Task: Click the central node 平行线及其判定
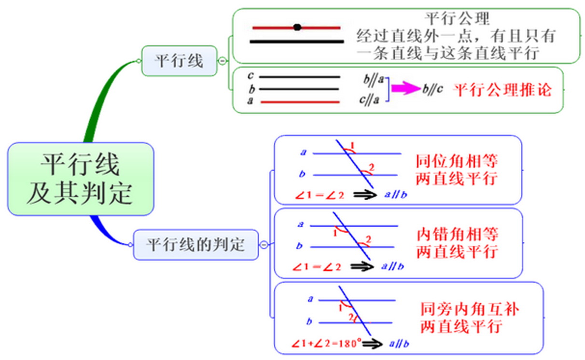(x=80, y=179)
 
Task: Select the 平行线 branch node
(x=179, y=61)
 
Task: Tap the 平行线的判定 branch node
(x=195, y=245)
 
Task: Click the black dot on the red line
(x=297, y=28)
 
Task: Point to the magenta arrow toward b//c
(x=405, y=88)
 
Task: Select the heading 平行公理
(x=458, y=19)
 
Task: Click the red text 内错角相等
(x=457, y=235)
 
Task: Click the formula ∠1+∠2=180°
(x=326, y=344)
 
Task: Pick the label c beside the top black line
(x=250, y=76)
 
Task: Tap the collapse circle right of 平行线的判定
(x=264, y=245)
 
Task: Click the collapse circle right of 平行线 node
(x=222, y=61)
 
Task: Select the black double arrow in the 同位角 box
(x=365, y=194)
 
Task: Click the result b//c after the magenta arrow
(x=432, y=90)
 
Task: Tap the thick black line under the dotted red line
(x=297, y=42)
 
